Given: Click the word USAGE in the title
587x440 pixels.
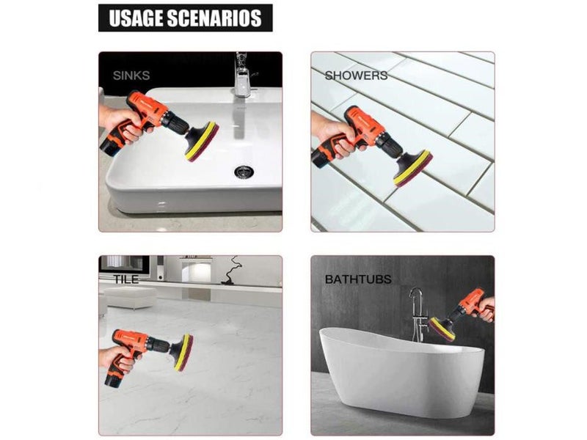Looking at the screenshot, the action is [136, 18].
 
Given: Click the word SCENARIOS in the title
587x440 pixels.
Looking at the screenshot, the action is [214, 18].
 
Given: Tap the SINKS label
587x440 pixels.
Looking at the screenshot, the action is [131, 76].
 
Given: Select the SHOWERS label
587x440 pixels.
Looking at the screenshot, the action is [356, 76].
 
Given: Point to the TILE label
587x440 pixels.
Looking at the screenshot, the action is [125, 279].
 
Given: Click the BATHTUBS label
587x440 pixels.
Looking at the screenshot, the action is [358, 279].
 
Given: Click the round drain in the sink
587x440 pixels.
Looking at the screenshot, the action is [244, 172].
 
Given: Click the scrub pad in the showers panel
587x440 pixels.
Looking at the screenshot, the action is [412, 168].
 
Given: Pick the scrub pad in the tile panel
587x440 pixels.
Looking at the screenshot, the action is [183, 352].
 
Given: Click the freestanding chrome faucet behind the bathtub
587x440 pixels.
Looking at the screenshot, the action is [418, 315].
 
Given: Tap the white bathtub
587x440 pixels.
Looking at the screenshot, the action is [401, 370].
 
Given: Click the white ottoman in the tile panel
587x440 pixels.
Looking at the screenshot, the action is [129, 297].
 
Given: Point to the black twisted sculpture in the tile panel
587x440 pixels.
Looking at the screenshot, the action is [230, 271].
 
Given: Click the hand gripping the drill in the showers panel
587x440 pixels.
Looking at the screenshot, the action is [332, 136].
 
